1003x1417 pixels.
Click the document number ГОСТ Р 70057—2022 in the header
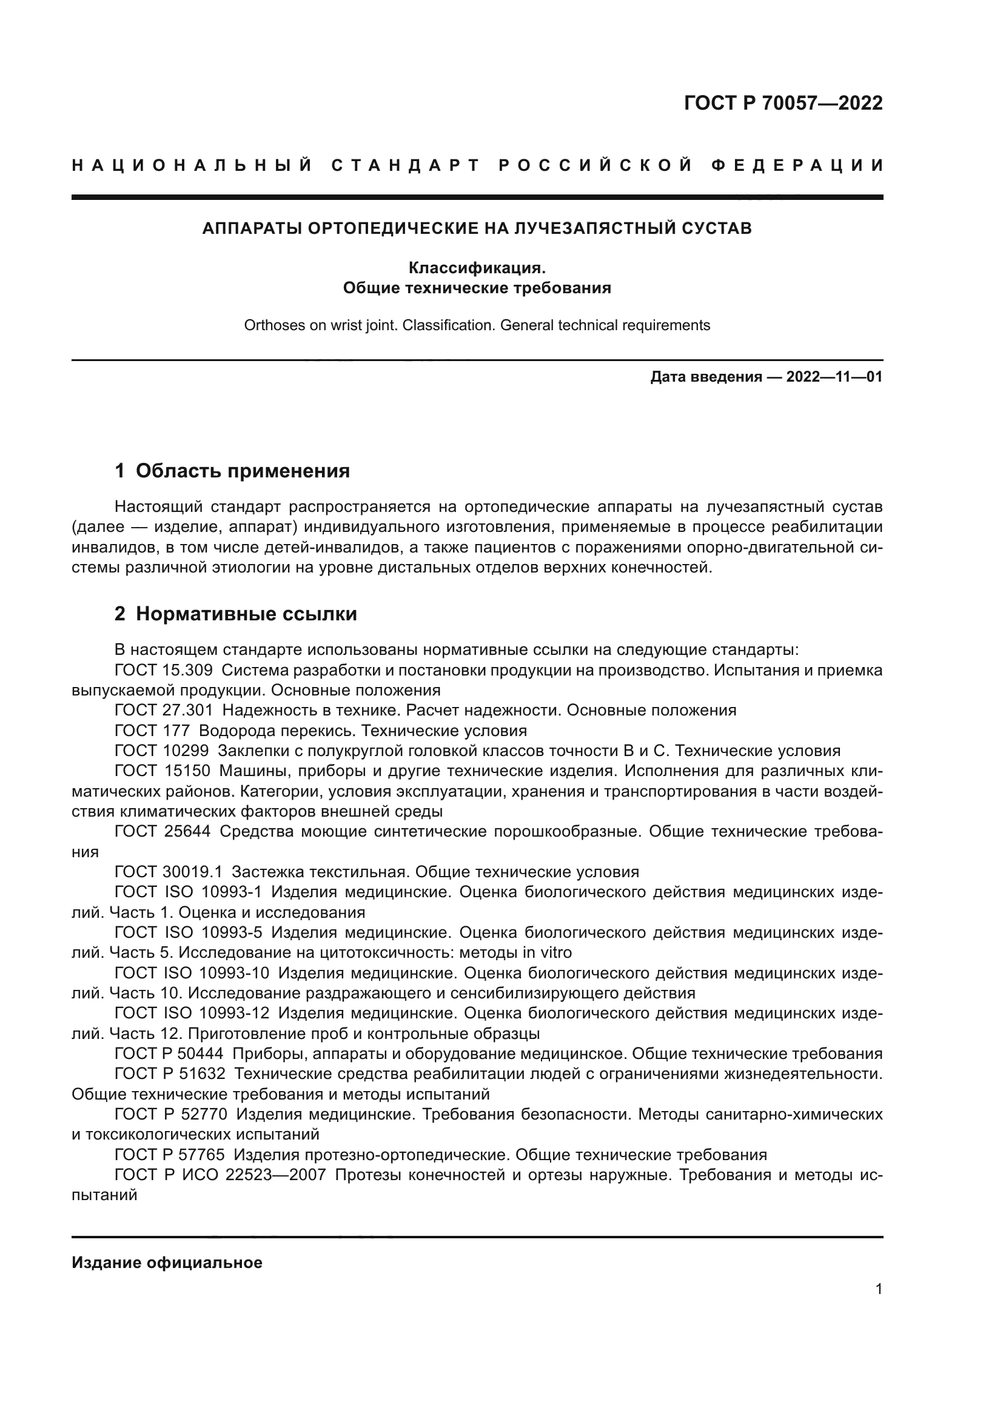(783, 103)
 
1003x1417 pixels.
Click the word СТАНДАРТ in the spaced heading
(406, 165)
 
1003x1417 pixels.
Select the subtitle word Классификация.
(477, 268)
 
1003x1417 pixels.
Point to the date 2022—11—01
(834, 376)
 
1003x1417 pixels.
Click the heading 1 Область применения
(232, 471)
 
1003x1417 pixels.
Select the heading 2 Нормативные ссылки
(236, 614)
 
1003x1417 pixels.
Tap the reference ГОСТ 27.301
(164, 711)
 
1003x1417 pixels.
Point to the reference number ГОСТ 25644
(163, 831)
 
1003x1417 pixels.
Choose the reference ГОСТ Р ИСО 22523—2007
(221, 1175)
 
